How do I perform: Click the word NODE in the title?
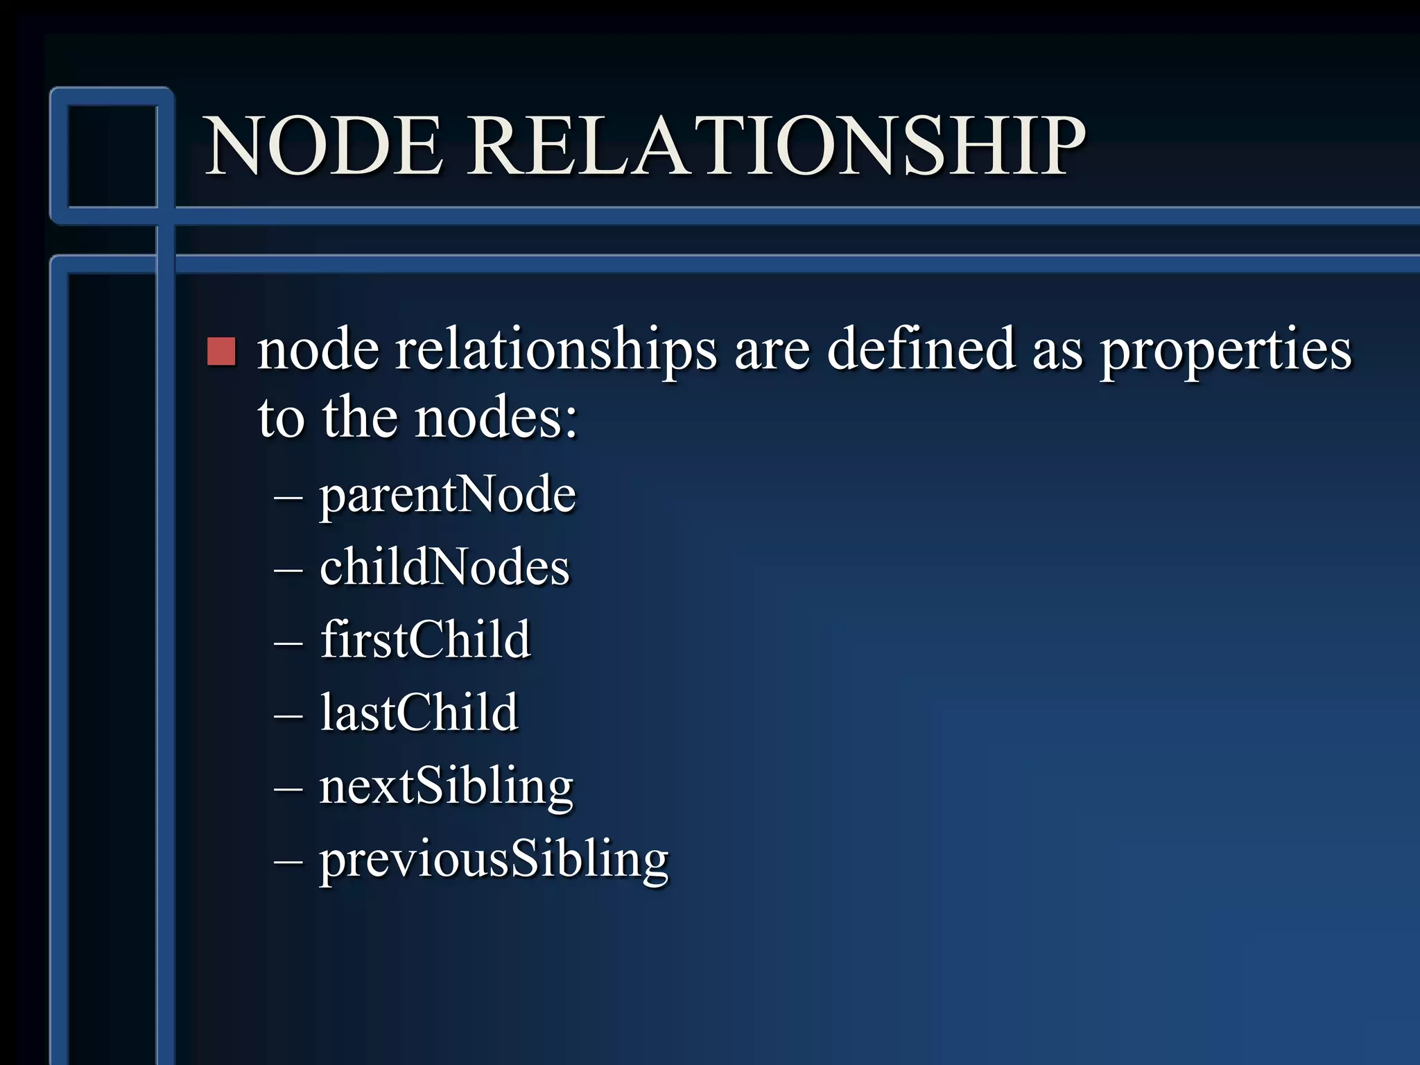(x=324, y=147)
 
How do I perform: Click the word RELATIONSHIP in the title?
(x=777, y=147)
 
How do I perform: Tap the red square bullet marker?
(x=222, y=352)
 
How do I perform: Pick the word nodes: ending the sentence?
(x=496, y=419)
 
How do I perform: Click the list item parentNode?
(x=447, y=495)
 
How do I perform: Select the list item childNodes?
(x=444, y=567)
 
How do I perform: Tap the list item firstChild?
(x=425, y=639)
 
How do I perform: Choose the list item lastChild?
(x=419, y=713)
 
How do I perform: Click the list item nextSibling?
(x=446, y=787)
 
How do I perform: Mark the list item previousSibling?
(x=494, y=860)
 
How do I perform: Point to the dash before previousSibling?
(x=288, y=862)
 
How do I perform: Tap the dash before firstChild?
(x=288, y=643)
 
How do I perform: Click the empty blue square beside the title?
(x=113, y=156)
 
